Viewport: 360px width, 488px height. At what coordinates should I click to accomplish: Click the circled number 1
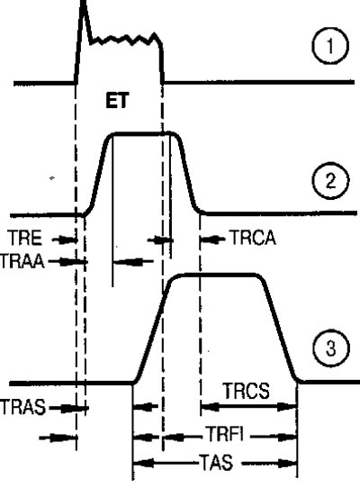329,46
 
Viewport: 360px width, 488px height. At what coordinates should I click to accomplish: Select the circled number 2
330,180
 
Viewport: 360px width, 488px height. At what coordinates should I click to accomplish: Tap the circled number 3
331,348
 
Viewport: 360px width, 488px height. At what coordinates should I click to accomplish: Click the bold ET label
117,101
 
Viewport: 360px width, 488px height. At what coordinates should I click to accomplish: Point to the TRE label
25,239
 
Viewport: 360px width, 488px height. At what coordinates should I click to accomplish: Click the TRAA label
22,261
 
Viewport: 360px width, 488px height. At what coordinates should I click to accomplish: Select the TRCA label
253,239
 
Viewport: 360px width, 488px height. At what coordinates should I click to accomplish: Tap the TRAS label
22,407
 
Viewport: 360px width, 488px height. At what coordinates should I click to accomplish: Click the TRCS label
246,391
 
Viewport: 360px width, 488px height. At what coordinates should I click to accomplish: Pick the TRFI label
225,434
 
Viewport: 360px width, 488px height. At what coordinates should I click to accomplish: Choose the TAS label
217,462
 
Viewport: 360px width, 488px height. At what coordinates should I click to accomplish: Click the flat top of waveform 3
219,275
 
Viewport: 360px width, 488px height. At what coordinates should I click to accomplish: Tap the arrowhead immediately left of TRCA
208,239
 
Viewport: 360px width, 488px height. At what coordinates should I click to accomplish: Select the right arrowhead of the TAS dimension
288,464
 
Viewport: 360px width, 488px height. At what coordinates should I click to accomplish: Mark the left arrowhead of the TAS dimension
142,463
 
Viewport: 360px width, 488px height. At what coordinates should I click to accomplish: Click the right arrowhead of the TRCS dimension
287,406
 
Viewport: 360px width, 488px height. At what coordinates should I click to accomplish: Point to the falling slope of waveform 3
280,330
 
